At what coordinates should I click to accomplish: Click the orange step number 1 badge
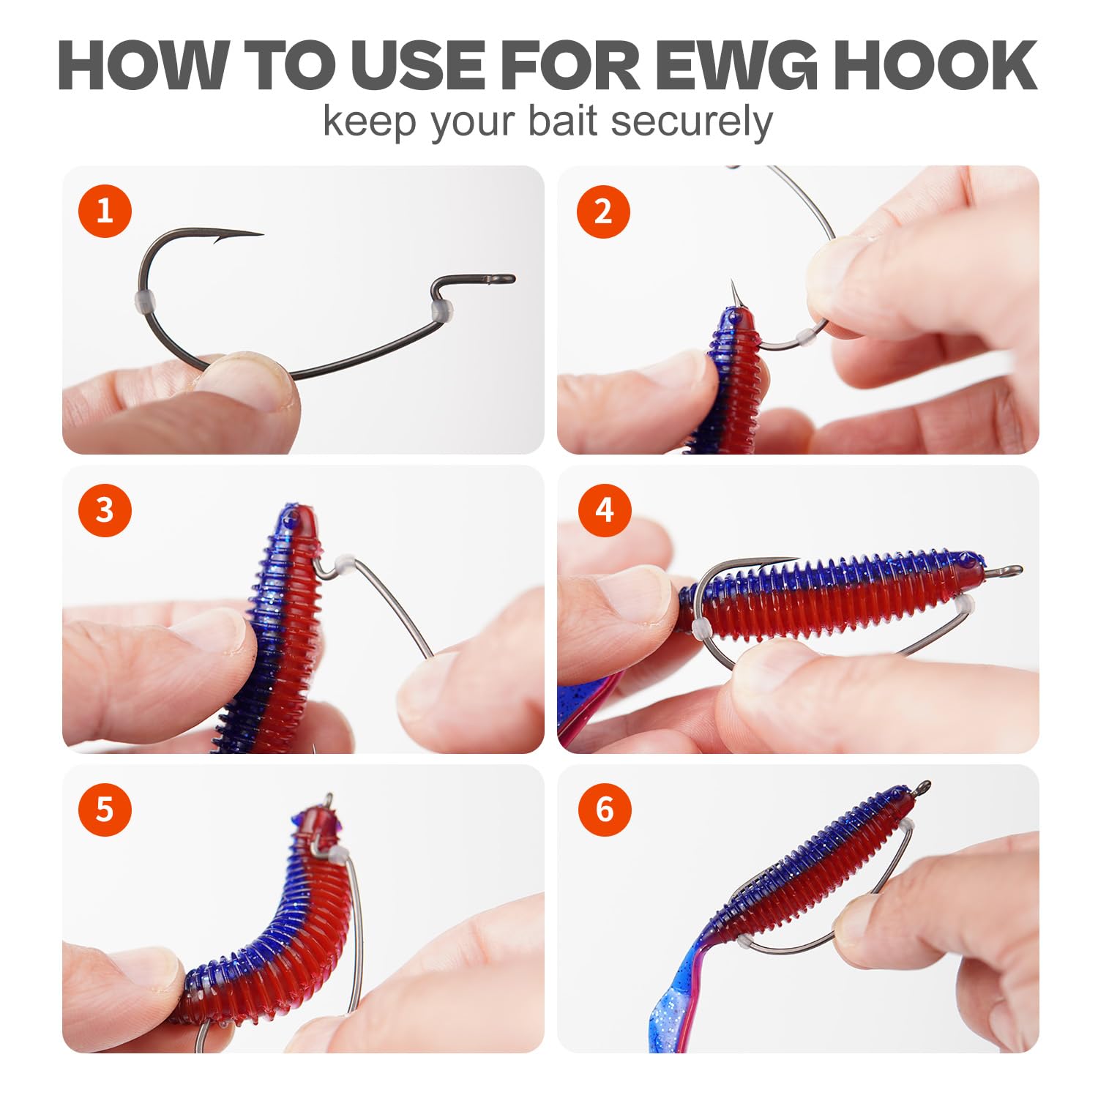point(105,211)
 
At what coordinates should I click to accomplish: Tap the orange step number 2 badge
point(603,211)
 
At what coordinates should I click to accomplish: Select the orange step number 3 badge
point(105,509)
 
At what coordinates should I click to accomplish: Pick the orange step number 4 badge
point(605,509)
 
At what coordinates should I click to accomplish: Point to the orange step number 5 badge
point(105,809)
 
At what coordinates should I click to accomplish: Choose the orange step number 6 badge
point(605,809)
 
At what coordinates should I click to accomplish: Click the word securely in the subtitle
point(692,122)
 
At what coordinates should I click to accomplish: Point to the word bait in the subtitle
point(564,120)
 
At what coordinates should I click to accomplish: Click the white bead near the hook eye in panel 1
point(442,310)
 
